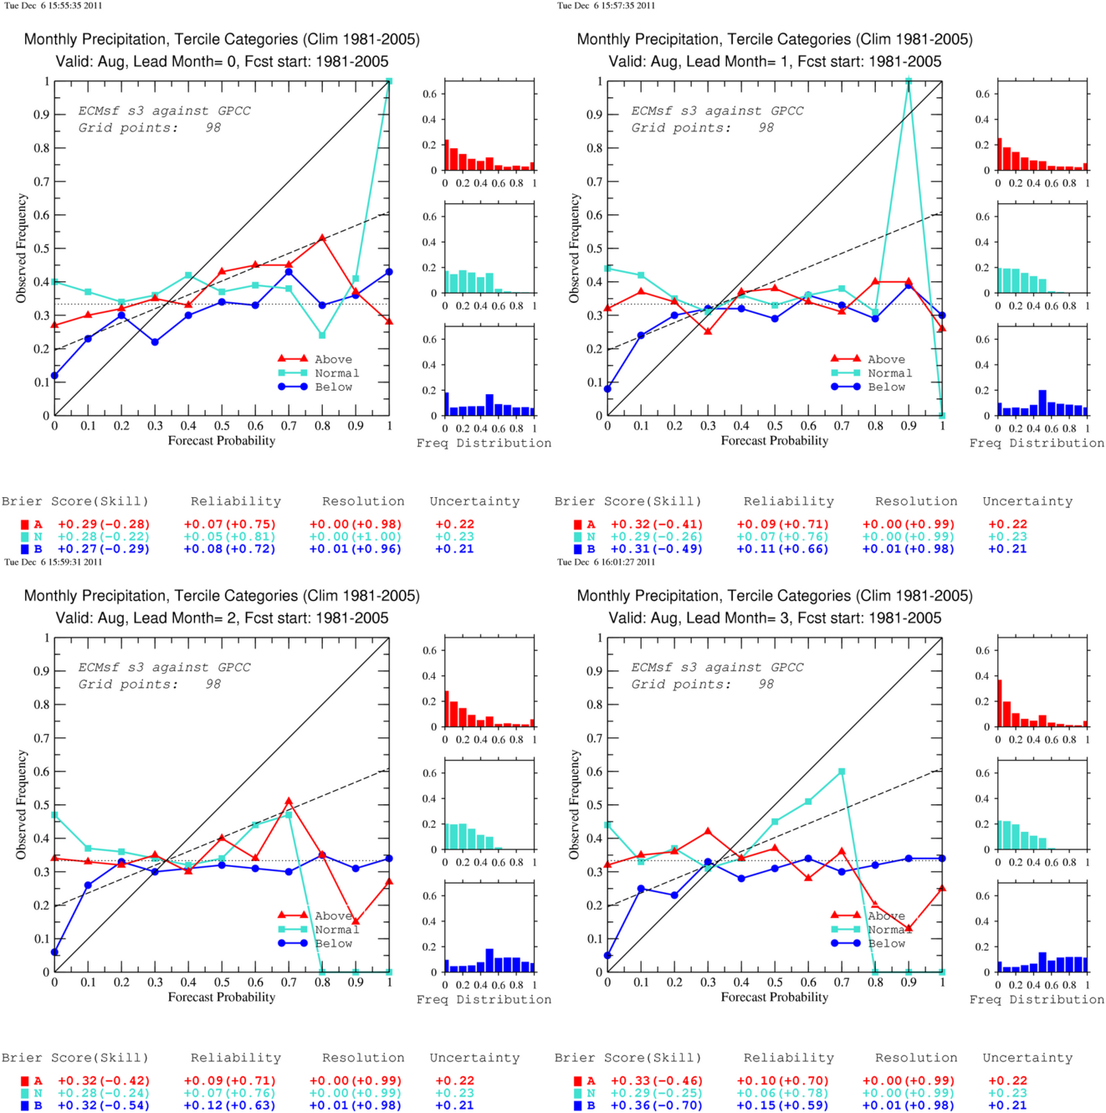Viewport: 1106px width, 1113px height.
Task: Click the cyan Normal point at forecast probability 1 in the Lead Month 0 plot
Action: (x=389, y=81)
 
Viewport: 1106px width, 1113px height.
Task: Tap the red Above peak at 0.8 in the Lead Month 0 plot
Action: (x=322, y=238)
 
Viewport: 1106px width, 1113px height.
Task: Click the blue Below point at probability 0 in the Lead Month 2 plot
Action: (x=54, y=951)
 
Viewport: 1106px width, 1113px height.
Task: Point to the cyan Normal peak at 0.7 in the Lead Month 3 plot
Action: (x=842, y=772)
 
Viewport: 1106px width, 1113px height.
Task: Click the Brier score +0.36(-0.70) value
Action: (x=657, y=1105)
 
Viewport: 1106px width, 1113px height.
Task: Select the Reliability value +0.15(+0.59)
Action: (x=782, y=1105)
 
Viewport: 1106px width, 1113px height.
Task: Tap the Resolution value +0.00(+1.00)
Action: (x=356, y=536)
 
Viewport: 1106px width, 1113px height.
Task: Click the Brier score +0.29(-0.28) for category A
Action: (x=104, y=525)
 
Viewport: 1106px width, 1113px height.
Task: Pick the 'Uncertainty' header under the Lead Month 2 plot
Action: (x=474, y=1058)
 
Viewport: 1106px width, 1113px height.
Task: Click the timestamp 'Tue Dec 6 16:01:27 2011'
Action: (x=606, y=562)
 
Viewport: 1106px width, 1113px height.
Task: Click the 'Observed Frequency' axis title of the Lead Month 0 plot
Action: (x=22, y=249)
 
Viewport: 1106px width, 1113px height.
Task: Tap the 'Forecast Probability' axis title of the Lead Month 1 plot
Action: (x=775, y=441)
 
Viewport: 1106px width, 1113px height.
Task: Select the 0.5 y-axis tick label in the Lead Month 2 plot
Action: (x=42, y=805)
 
